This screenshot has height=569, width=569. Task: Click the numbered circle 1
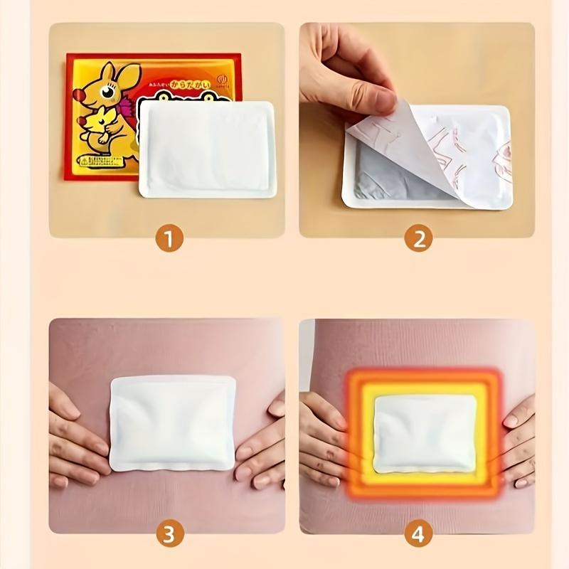(169, 238)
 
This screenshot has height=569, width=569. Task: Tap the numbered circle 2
(418, 238)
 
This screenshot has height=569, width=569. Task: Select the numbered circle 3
(169, 533)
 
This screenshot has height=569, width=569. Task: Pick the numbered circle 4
(418, 533)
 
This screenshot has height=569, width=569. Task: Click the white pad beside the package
(207, 149)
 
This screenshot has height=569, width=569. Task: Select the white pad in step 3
(173, 422)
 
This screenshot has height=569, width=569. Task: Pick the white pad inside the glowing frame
(425, 434)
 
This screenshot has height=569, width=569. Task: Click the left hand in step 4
(327, 441)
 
